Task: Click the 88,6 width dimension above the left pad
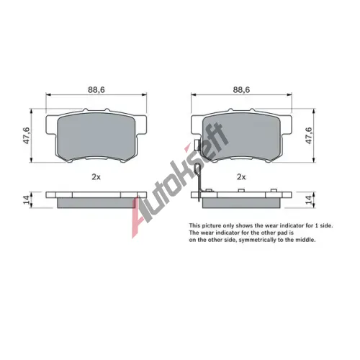[96, 90]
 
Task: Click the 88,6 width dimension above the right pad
[241, 90]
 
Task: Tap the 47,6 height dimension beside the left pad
[26, 135]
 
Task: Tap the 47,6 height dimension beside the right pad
[309, 135]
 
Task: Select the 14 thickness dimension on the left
[26, 199]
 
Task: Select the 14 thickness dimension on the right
[309, 199]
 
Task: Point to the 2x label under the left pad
[96, 177]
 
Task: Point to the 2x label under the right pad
[241, 177]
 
